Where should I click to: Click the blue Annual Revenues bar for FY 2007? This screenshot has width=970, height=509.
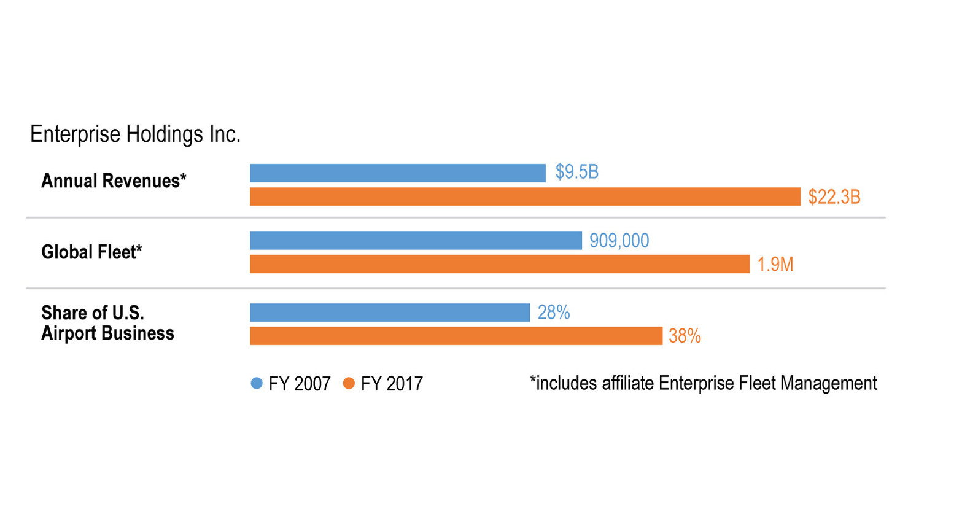[397, 173]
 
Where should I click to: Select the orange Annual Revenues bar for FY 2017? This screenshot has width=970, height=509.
[525, 196]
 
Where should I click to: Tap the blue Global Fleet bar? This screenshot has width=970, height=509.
[416, 241]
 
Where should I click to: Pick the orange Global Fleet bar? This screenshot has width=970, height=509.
[499, 264]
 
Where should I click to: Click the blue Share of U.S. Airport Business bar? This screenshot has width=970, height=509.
[389, 313]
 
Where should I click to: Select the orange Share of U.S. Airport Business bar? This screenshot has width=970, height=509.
[456, 336]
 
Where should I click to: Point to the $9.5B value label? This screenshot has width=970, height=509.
[576, 172]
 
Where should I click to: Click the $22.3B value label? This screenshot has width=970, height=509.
[834, 197]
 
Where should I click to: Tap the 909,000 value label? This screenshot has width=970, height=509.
[619, 241]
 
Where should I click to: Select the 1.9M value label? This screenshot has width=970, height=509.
[775, 265]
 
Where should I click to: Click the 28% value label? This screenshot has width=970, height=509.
[553, 313]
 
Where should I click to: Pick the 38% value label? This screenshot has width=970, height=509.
[685, 336]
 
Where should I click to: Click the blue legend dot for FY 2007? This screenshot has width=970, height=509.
[257, 383]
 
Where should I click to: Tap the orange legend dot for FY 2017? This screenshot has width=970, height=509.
[349, 383]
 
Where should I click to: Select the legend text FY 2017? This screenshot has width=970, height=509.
[392, 384]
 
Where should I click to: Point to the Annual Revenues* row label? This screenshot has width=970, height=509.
[114, 181]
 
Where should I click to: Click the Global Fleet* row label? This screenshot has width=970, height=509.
[91, 252]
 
